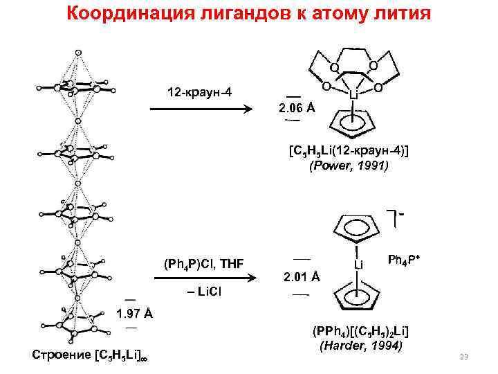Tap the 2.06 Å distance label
tap(296, 109)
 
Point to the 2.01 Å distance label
tap(301, 277)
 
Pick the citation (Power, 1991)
tap(349, 166)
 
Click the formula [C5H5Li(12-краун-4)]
tap(349, 152)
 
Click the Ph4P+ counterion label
tap(405, 260)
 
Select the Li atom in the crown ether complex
tap(353, 92)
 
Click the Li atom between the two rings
tap(358, 265)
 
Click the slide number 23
tap(464, 357)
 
